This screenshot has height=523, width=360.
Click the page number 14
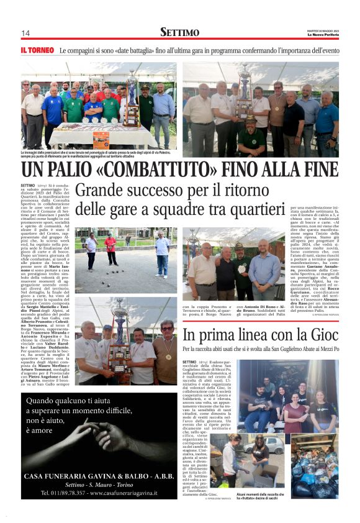pos(26,33)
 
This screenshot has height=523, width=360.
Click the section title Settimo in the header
pos(180,32)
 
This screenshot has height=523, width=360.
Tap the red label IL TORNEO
pos(38,49)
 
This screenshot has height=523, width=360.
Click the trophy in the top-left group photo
pos(131,99)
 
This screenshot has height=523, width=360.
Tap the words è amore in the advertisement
pos(40,430)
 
